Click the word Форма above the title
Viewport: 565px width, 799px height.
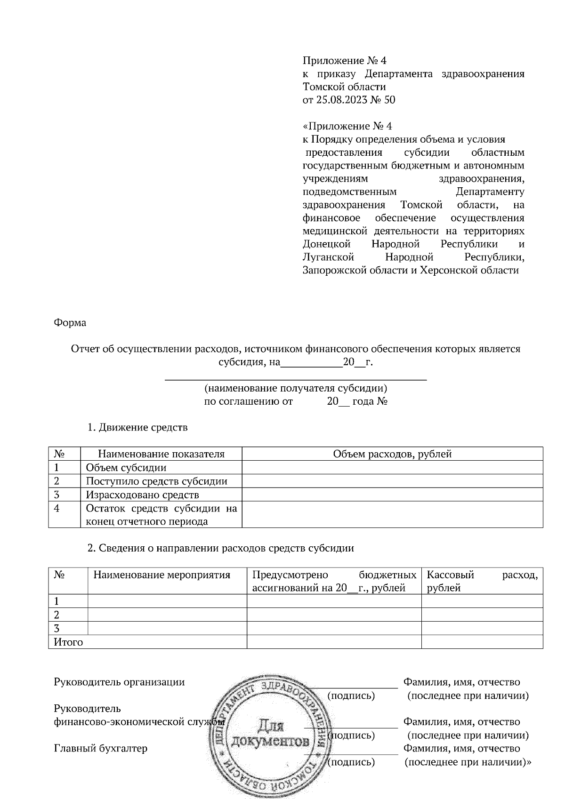(70, 323)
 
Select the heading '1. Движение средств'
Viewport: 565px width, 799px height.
(137, 427)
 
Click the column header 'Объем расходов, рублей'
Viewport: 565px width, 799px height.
(392, 454)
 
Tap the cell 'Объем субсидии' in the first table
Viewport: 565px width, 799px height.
(126, 468)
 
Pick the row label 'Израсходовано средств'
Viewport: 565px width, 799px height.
(142, 495)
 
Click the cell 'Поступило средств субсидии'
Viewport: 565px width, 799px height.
(156, 481)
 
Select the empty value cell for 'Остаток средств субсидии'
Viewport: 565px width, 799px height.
(392, 515)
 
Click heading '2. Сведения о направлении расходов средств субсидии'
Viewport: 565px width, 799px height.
(221, 548)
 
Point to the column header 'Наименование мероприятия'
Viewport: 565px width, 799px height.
(162, 575)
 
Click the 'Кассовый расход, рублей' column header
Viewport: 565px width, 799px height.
(482, 581)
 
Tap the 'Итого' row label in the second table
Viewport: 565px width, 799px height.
(69, 642)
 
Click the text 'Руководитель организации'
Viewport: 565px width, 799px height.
(120, 682)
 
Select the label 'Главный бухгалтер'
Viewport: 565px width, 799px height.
(101, 748)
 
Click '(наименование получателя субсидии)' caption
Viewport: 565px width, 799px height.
(295, 388)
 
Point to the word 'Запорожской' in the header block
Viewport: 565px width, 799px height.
(331, 271)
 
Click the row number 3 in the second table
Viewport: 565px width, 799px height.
(57, 628)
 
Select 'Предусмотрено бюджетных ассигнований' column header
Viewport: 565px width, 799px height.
(334, 581)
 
